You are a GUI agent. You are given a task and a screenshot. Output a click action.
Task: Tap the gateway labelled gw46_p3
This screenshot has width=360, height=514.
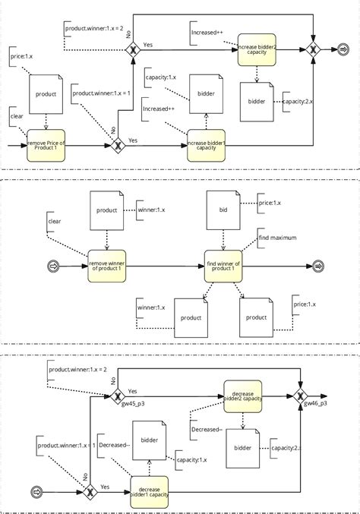(x=300, y=395)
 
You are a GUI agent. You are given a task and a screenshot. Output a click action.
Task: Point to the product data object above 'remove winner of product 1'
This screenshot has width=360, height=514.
(x=107, y=211)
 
